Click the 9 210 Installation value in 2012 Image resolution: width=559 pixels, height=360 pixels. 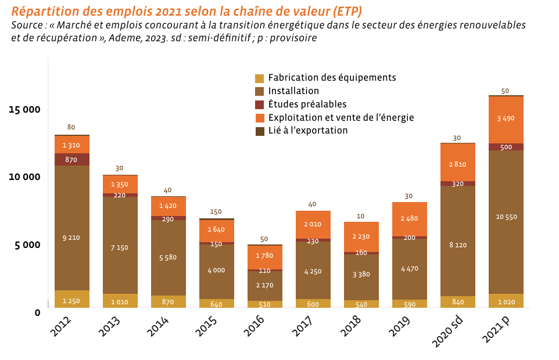pos(71,237)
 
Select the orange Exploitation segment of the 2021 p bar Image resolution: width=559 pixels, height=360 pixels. pos(506,119)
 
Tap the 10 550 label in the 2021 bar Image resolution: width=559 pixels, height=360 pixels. pos(506,217)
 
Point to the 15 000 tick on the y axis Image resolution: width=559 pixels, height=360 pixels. pos(24,109)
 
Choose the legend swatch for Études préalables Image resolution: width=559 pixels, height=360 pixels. pos(260,105)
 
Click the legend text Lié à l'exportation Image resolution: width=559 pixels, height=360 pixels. pos(307,131)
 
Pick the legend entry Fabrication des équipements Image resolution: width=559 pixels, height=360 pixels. pos(332,78)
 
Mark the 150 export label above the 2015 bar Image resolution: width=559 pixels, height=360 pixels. pos(216,212)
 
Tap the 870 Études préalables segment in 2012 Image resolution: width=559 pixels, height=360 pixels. pos(71,160)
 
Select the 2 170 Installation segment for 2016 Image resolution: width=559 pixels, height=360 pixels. pos(264,285)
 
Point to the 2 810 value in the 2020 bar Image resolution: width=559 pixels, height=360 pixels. pos(457,164)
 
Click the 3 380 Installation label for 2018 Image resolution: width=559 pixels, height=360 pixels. pos(361,275)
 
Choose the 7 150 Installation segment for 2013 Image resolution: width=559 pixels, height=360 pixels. pos(120,248)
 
